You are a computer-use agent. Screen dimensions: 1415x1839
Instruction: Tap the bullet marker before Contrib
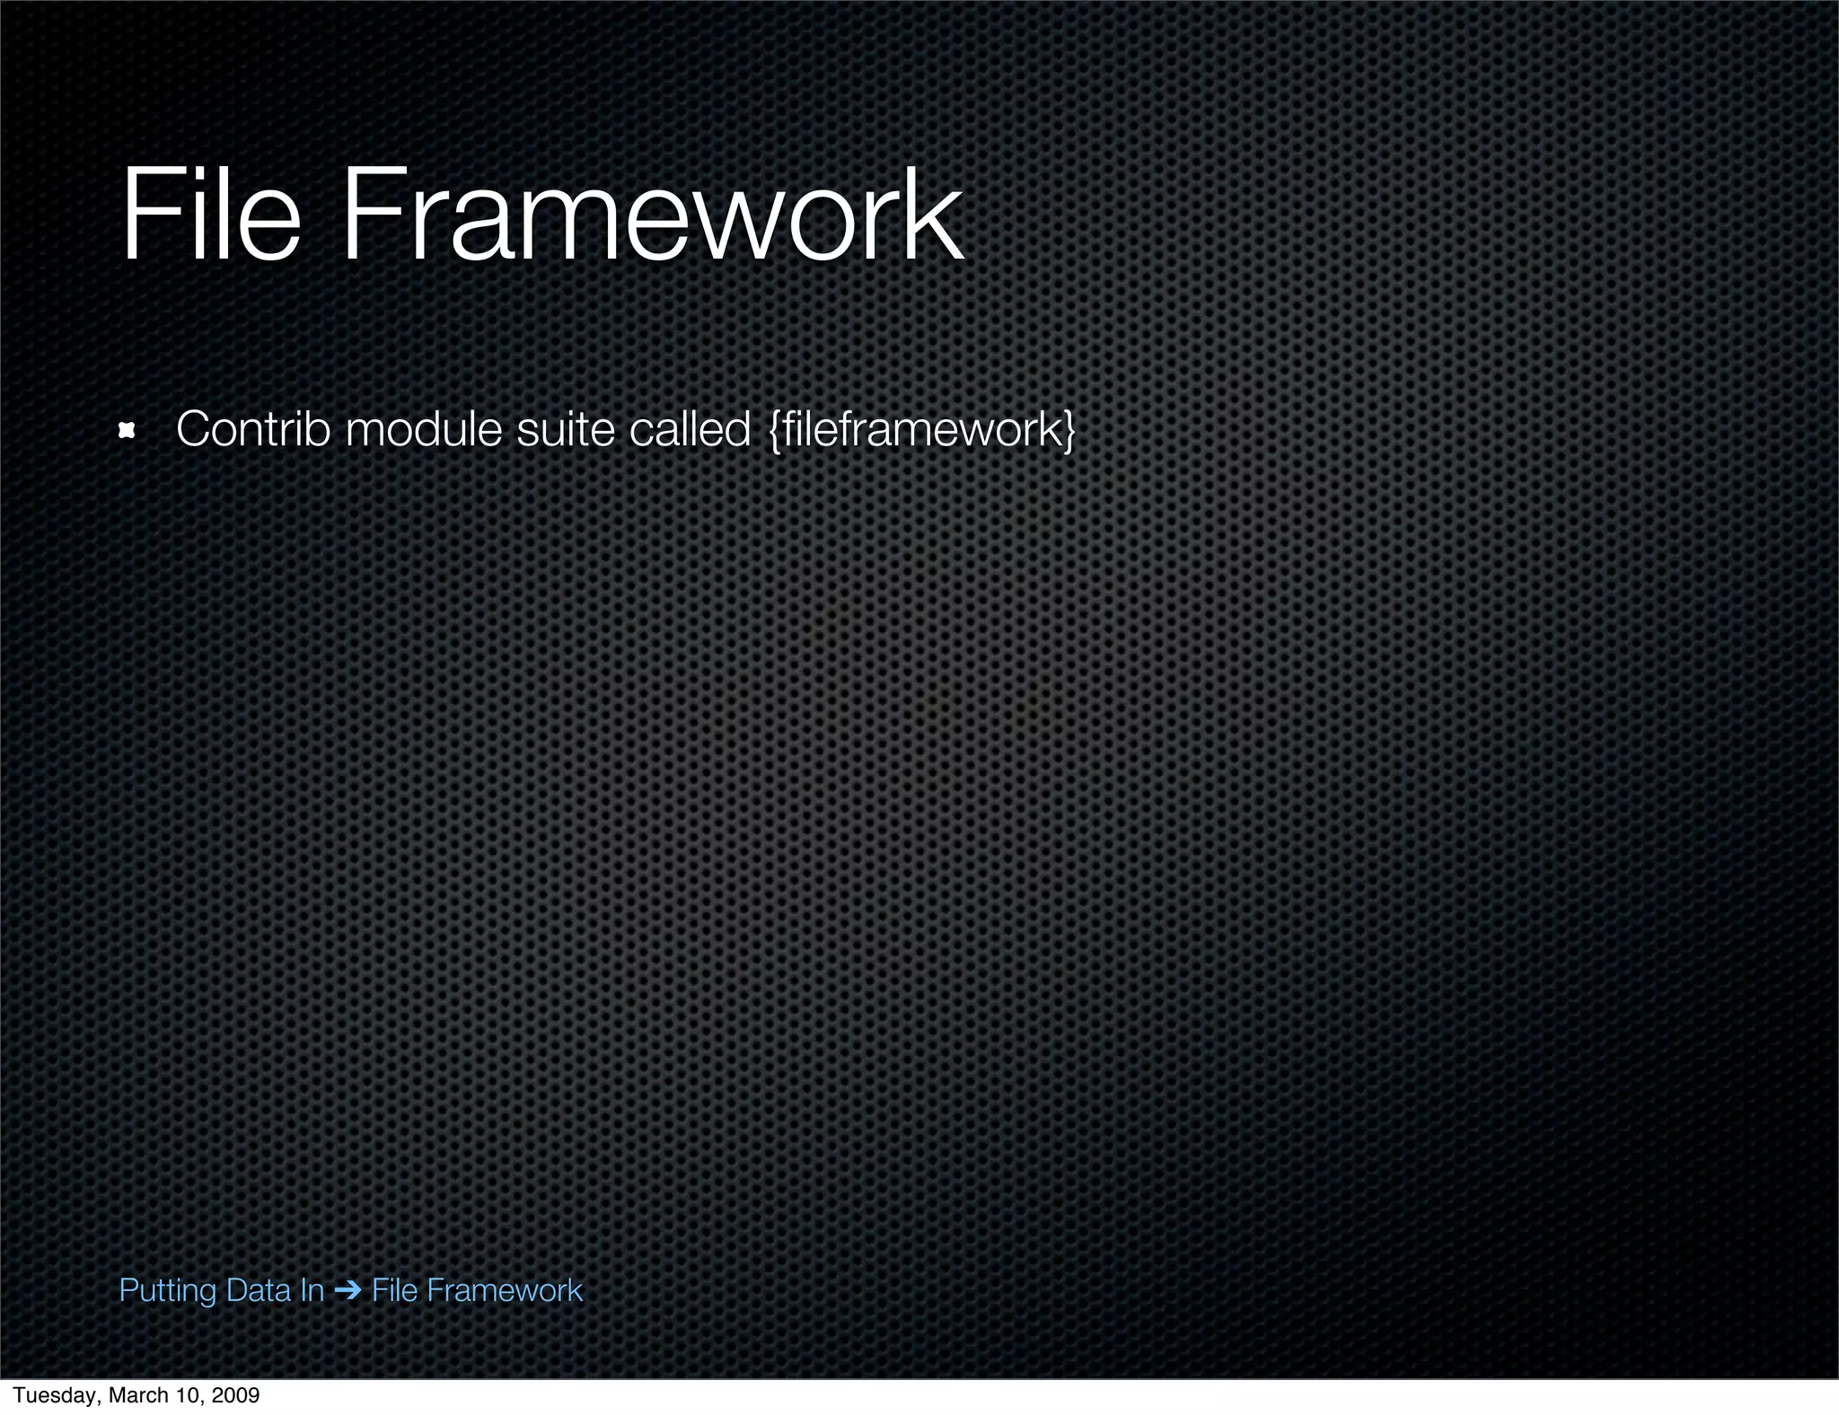click(128, 432)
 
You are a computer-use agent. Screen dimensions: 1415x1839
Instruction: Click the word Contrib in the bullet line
click(253, 429)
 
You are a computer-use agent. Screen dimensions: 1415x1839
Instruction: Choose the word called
click(690, 429)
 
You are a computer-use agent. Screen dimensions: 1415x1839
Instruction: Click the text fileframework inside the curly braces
click(922, 429)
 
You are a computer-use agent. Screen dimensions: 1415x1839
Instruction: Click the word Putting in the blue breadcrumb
click(168, 1291)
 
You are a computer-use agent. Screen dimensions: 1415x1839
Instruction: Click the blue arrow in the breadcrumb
click(348, 1291)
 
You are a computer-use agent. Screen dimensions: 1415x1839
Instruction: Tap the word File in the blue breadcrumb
click(394, 1290)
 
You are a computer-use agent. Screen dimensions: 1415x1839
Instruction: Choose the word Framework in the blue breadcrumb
click(504, 1290)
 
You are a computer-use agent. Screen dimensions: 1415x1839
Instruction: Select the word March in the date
click(135, 1395)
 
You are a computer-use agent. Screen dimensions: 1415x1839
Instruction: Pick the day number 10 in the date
click(183, 1395)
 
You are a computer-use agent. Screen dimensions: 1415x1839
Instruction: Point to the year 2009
click(234, 1395)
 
